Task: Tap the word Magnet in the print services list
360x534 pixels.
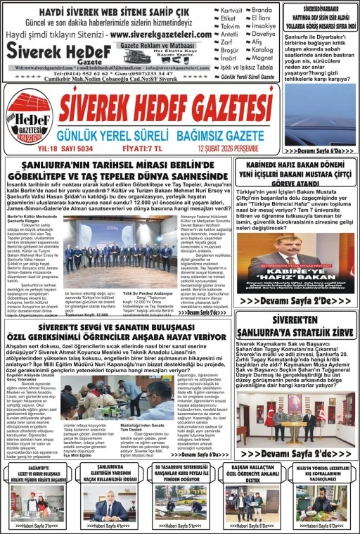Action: coord(263,58)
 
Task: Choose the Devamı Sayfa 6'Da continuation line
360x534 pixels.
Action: coord(319,151)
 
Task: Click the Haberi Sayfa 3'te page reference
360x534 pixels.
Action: coord(38,525)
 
